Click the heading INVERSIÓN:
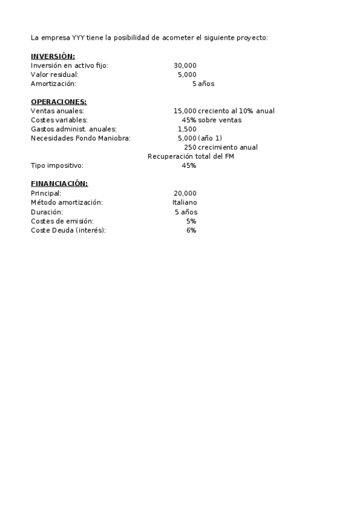(x=53, y=56)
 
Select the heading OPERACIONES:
(x=58, y=102)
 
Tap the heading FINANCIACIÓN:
(x=59, y=183)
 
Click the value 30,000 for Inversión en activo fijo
(x=185, y=66)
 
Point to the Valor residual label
(x=55, y=75)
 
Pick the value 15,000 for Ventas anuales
(x=185, y=111)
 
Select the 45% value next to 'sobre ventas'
(x=189, y=120)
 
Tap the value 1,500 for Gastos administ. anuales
(x=187, y=129)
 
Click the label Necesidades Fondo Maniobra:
(x=81, y=138)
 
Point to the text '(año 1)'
(x=210, y=138)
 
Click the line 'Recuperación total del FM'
(x=191, y=156)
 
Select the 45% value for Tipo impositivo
(x=189, y=165)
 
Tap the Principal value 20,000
(x=185, y=193)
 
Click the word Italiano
(x=185, y=203)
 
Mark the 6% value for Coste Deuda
(x=191, y=230)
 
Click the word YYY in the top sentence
(x=78, y=37)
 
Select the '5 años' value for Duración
(x=186, y=212)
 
